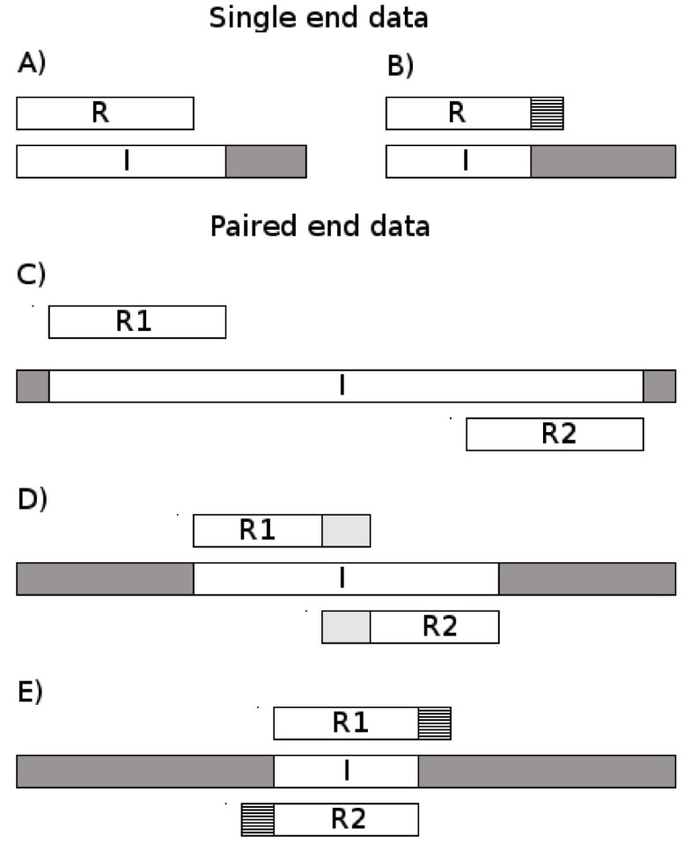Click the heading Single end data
tap(318, 18)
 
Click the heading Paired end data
tap(320, 226)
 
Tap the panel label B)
tap(401, 65)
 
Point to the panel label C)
tap(32, 275)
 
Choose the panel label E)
tap(31, 688)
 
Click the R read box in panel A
tap(105, 114)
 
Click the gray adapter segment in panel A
tap(266, 162)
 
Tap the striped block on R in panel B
tap(547, 114)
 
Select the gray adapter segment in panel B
tap(603, 162)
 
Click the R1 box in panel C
tap(137, 322)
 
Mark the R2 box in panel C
tap(555, 435)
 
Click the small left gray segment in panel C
tap(33, 386)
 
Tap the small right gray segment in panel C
tap(659, 386)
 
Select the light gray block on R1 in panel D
tap(346, 531)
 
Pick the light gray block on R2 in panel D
tap(346, 627)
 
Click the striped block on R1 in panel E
tap(434, 723)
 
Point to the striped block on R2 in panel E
tap(258, 819)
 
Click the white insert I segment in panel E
tap(346, 771)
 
